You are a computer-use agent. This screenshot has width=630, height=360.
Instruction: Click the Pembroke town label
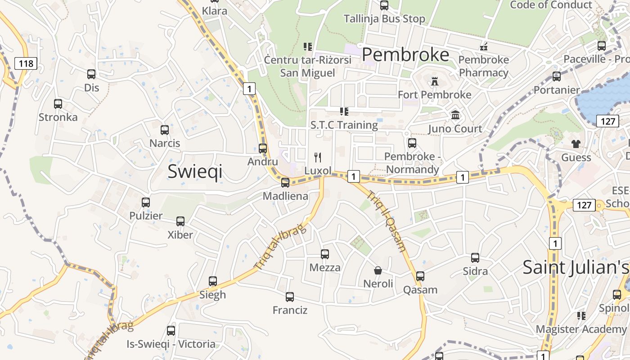click(x=405, y=54)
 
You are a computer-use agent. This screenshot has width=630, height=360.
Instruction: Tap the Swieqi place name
click(x=195, y=171)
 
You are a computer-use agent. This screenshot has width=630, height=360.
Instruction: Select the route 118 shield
click(x=26, y=63)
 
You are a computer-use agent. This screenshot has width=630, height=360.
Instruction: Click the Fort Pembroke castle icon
click(x=435, y=82)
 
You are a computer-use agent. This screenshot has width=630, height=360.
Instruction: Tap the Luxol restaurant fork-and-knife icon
click(x=318, y=157)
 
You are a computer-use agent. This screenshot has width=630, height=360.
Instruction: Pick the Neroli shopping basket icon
click(x=378, y=270)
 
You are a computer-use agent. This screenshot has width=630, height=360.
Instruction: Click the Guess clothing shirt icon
click(x=576, y=144)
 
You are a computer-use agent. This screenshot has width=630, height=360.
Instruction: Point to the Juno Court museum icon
click(x=455, y=115)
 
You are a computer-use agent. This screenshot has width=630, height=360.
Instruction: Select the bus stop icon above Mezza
click(x=325, y=254)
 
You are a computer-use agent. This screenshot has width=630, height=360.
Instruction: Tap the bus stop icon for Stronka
click(x=58, y=104)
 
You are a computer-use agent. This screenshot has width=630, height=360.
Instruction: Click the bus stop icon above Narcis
click(x=165, y=130)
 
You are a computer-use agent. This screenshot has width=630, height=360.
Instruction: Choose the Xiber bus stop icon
click(x=180, y=221)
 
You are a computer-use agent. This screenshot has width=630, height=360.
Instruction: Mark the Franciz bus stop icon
click(x=290, y=297)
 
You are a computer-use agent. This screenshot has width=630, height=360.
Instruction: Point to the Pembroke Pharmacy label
click(x=484, y=66)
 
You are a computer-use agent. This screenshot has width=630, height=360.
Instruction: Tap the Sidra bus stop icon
click(x=475, y=258)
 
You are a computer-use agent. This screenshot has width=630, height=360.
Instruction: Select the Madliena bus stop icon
click(x=285, y=183)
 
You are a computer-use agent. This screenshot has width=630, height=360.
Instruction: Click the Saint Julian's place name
click(x=576, y=267)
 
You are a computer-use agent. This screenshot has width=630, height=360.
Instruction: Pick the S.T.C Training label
click(x=344, y=125)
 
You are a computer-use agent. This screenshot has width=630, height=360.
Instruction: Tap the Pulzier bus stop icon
click(x=146, y=202)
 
